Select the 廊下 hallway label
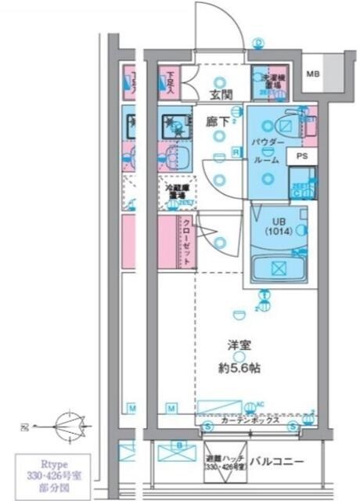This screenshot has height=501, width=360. [217, 121]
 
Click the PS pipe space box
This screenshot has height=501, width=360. [302, 157]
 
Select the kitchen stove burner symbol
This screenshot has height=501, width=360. [172, 124]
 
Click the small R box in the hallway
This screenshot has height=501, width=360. [235, 152]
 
